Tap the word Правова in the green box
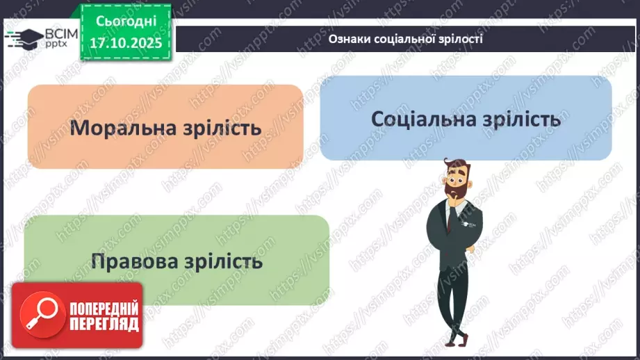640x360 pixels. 135,261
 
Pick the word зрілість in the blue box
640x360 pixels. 519,119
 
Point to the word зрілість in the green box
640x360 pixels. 222,261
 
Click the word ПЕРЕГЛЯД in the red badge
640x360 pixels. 103,324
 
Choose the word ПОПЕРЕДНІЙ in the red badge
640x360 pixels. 103,308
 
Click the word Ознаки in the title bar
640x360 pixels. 347,39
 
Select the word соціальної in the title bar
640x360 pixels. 402,39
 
